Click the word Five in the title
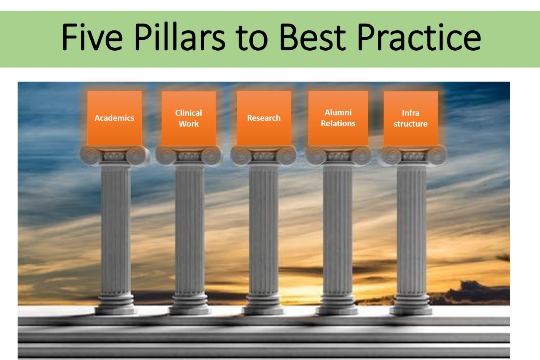(x=92, y=37)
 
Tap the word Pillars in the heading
(x=180, y=37)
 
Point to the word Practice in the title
(x=419, y=37)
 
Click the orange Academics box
(x=114, y=118)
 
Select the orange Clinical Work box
(x=189, y=119)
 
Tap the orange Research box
(x=264, y=118)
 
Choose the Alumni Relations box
(x=338, y=118)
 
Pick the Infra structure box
(x=411, y=119)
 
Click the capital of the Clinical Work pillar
(x=189, y=156)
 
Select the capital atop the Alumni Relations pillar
(x=338, y=156)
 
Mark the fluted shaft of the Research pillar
(x=264, y=229)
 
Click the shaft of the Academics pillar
(x=116, y=229)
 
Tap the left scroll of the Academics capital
(x=90, y=156)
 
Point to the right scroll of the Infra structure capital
(x=436, y=156)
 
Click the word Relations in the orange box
(x=338, y=124)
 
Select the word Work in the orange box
(x=189, y=124)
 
